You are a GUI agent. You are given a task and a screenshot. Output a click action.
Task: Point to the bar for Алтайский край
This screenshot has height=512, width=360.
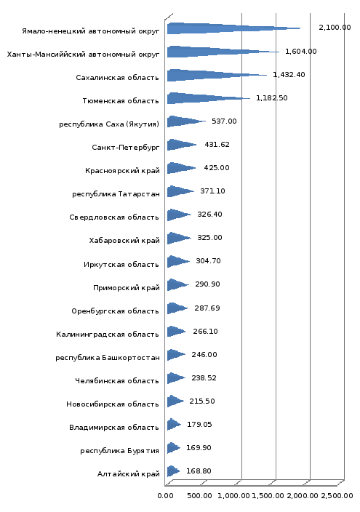(x=173, y=471)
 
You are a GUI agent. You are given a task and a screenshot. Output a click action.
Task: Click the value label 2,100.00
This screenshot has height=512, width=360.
(x=335, y=28)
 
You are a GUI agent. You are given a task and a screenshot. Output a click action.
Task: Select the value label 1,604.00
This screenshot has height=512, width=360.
(x=301, y=51)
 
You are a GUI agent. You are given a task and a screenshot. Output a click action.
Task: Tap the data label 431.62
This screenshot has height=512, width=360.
(x=217, y=144)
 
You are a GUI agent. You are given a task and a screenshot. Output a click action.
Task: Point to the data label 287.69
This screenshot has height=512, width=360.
(x=207, y=308)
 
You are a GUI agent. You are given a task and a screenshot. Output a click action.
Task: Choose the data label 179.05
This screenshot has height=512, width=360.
(x=199, y=424)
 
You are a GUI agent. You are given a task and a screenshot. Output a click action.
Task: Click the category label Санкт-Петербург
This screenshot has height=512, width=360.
(x=126, y=147)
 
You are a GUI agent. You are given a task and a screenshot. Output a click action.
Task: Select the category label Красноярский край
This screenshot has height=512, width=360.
(x=122, y=171)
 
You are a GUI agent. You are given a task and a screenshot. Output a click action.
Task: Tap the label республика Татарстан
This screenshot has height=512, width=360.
(x=116, y=194)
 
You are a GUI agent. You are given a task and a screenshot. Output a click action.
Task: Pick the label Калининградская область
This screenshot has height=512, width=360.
(x=108, y=334)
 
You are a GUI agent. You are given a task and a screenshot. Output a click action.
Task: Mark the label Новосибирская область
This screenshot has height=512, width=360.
(x=113, y=404)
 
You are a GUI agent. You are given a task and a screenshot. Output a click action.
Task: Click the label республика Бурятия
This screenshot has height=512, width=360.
(x=119, y=451)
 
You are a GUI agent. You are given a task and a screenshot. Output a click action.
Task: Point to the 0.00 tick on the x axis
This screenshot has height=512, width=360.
(x=165, y=496)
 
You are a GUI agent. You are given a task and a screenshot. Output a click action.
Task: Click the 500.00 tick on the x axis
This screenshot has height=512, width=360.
(x=199, y=496)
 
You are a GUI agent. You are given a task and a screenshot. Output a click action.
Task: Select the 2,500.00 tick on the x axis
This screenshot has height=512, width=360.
(x=337, y=496)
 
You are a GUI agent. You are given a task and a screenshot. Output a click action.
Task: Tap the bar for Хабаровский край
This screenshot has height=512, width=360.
(x=179, y=238)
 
